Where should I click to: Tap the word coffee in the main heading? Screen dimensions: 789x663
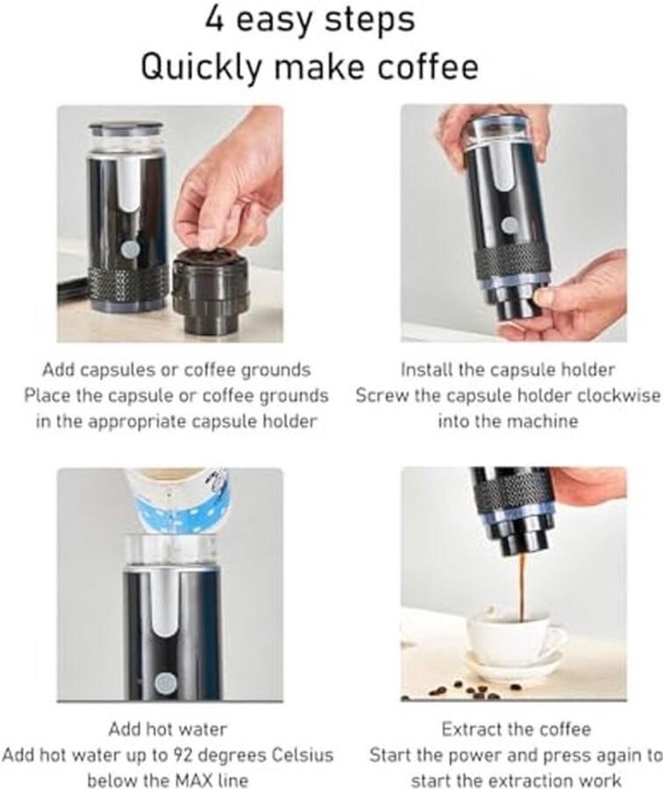pos(431,68)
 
